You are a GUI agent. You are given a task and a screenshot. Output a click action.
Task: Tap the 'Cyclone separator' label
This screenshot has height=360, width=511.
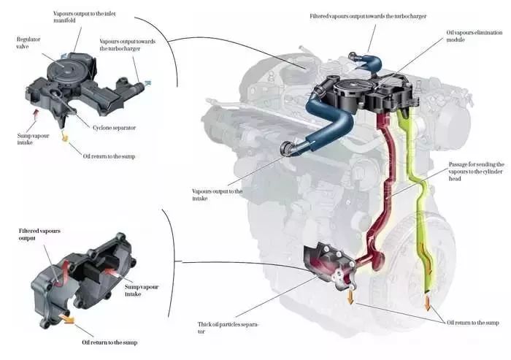pyautogui.click(x=114, y=128)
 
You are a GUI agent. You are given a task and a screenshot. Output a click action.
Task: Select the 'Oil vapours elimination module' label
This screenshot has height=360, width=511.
pyautogui.click(x=471, y=37)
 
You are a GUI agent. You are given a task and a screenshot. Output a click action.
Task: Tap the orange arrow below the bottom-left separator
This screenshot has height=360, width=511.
pyautogui.click(x=67, y=318)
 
